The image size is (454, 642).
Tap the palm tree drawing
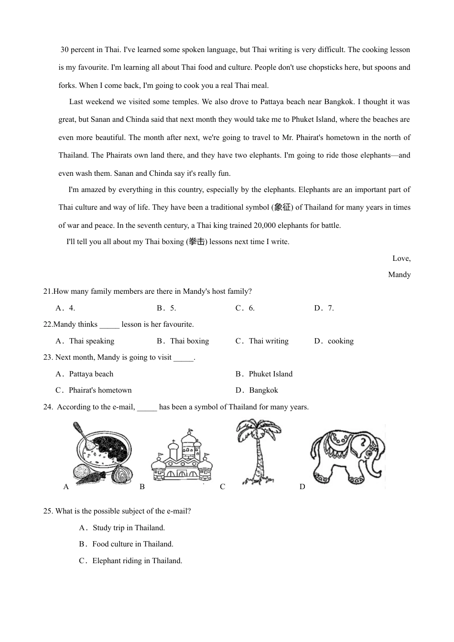point(258,451)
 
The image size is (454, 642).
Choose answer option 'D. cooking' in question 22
point(334,341)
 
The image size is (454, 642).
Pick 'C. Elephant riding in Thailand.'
point(131,561)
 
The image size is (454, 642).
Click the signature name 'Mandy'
point(399,275)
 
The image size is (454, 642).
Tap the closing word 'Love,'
point(401,258)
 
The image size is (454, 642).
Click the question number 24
point(48,407)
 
